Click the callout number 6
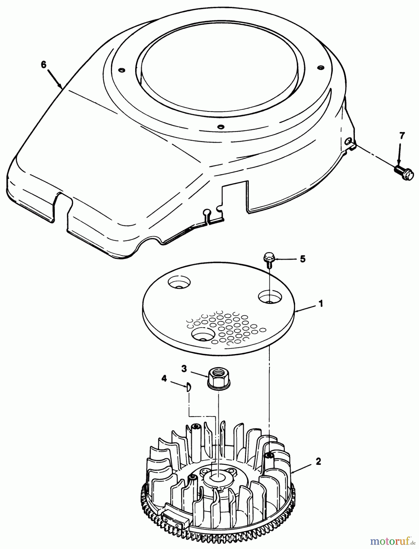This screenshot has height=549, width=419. point(44,64)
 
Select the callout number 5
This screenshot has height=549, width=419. point(302,259)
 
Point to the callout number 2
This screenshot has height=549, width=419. point(318,461)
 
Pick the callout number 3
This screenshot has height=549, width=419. point(184,368)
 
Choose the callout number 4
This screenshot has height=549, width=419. point(164,379)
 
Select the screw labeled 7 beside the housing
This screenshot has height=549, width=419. point(404,172)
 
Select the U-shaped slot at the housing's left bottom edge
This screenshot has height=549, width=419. point(63,207)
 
